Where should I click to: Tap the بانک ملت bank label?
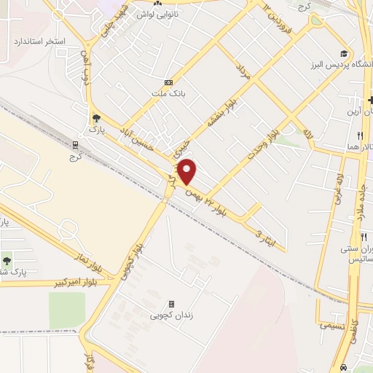click(x=168, y=93)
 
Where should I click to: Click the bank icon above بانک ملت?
click(x=168, y=82)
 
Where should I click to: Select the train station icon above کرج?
click(x=75, y=144)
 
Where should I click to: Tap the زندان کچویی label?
click(x=171, y=315)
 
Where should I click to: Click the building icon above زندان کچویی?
click(x=171, y=304)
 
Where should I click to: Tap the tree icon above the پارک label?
click(x=95, y=117)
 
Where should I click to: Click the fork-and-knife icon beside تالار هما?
click(x=360, y=136)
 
